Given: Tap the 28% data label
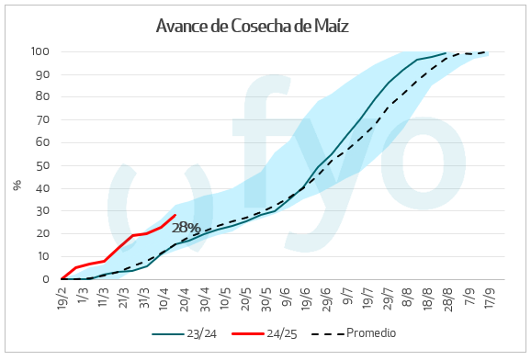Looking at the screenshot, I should [x=186, y=227].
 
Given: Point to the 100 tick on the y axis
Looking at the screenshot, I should [x=41, y=51].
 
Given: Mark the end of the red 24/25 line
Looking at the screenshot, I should [x=175, y=215].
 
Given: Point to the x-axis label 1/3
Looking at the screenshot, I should [x=84, y=296].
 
